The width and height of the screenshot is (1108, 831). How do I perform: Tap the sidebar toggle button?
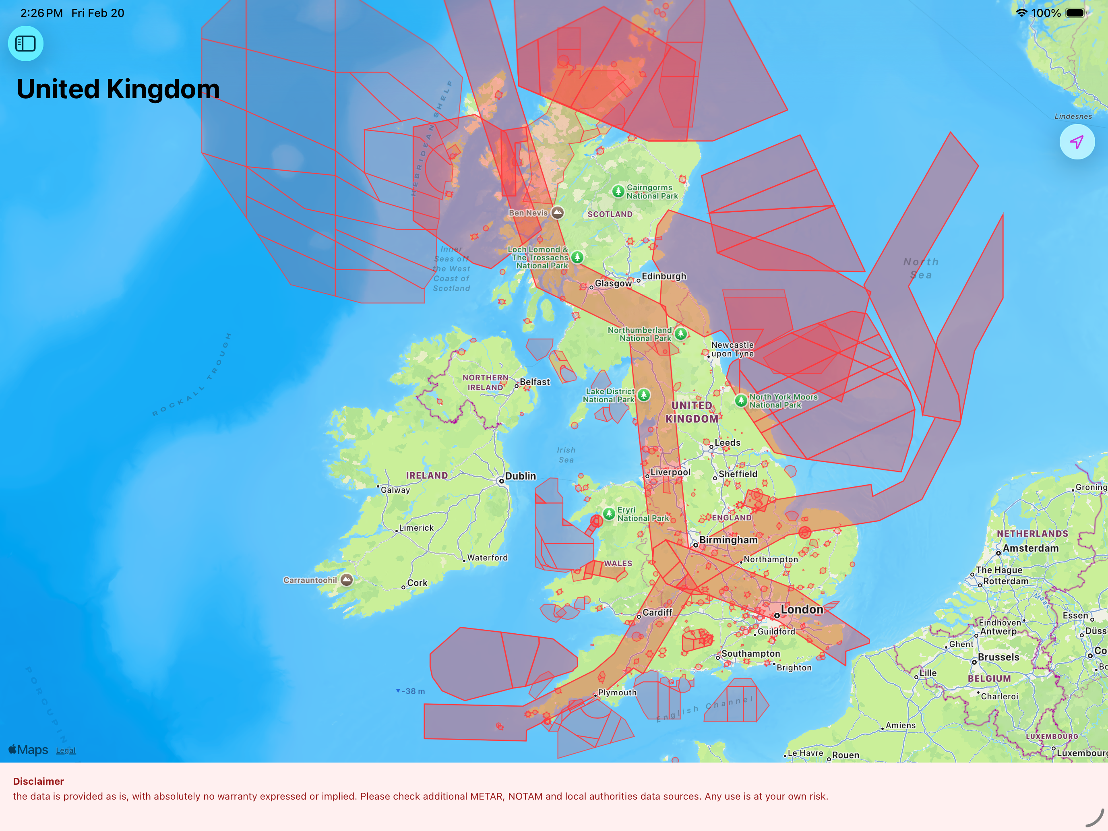pos(25,43)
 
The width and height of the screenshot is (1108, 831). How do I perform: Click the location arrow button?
pos(1077,142)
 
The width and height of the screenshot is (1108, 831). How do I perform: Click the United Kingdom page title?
pos(118,89)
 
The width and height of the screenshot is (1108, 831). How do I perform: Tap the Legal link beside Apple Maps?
pos(66,750)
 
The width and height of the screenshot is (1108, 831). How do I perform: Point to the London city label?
pos(802,610)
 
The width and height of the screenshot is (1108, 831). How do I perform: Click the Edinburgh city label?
pos(664,276)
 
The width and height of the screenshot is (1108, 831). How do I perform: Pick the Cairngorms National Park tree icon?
pos(618,191)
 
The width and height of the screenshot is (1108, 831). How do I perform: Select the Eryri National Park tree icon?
pos(609,513)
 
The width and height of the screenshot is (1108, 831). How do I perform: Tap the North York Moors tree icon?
pos(741,401)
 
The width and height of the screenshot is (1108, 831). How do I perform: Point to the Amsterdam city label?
pos(1030,548)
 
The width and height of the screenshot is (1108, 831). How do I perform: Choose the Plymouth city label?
pos(617,692)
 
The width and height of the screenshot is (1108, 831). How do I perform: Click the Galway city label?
pos(395,490)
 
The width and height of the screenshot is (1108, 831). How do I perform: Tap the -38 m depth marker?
pos(413,691)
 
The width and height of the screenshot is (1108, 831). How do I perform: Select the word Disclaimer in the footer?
pos(39,781)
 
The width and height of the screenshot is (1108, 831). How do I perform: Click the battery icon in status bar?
pos(1075,13)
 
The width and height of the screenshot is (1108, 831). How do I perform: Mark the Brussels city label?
pos(998,657)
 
